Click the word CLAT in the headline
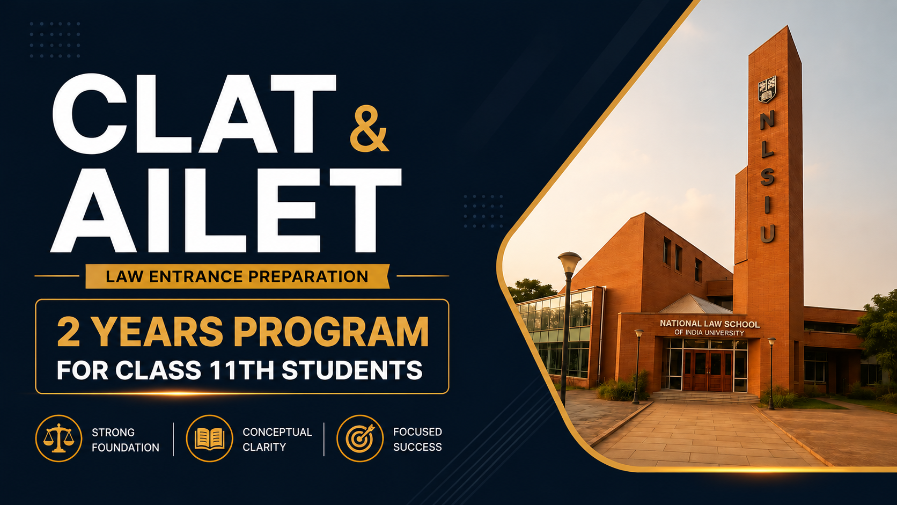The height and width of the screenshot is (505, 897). click(194, 114)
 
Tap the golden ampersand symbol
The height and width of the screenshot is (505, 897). click(369, 129)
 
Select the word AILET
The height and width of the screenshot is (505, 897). click(226, 210)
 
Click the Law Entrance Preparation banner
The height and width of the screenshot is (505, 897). click(237, 276)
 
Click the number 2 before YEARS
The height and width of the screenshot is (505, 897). click(69, 332)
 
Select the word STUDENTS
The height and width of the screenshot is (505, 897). click(352, 370)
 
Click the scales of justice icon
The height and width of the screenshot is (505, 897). click(58, 438)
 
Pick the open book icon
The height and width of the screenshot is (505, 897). click(209, 438)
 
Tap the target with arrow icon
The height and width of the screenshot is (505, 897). click(360, 438)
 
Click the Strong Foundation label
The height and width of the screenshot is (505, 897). click(126, 440)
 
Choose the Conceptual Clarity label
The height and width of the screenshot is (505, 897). click(277, 440)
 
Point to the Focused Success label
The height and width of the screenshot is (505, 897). click(417, 440)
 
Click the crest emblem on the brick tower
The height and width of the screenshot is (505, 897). click(767, 89)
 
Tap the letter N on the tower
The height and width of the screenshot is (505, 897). click(767, 120)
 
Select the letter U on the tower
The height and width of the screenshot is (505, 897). click(767, 233)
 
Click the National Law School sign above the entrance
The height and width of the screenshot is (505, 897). click(710, 327)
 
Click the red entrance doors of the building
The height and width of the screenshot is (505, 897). click(708, 370)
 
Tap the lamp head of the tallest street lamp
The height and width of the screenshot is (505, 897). click(569, 262)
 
